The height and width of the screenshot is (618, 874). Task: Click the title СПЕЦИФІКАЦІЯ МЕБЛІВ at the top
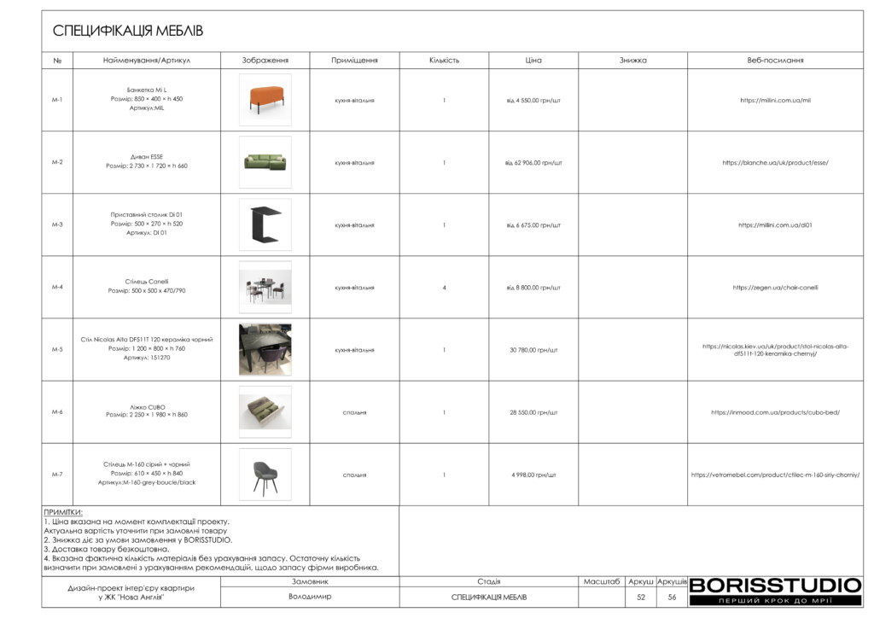pyautogui.click(x=128, y=32)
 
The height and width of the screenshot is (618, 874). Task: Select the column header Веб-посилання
pyautogui.click(x=775, y=61)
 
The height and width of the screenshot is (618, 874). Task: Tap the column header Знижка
pyautogui.click(x=632, y=61)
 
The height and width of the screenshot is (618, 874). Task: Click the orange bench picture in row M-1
pyautogui.click(x=265, y=100)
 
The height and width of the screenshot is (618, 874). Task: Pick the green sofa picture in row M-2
pyautogui.click(x=265, y=162)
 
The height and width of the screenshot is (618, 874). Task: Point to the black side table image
pyautogui.click(x=265, y=224)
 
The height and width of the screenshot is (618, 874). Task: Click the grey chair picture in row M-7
pyautogui.click(x=265, y=475)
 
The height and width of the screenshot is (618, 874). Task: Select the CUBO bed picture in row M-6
pyautogui.click(x=265, y=412)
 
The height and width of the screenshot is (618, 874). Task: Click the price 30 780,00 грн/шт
pyautogui.click(x=533, y=350)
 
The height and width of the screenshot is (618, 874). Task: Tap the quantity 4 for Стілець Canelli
pyautogui.click(x=444, y=288)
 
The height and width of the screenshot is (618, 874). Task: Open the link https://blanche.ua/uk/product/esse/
pyautogui.click(x=775, y=162)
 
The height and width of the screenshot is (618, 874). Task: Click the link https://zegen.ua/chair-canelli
pyautogui.click(x=775, y=288)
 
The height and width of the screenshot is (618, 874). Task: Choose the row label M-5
pyautogui.click(x=57, y=350)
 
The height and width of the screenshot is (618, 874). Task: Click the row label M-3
pyautogui.click(x=57, y=224)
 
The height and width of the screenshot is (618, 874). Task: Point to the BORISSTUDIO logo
pyautogui.click(x=775, y=586)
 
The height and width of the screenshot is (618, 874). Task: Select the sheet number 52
pyautogui.click(x=640, y=598)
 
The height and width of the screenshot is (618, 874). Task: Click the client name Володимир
pyautogui.click(x=310, y=598)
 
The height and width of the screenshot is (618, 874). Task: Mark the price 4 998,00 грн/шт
pyautogui.click(x=533, y=475)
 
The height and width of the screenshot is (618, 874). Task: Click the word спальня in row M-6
pyautogui.click(x=354, y=412)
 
